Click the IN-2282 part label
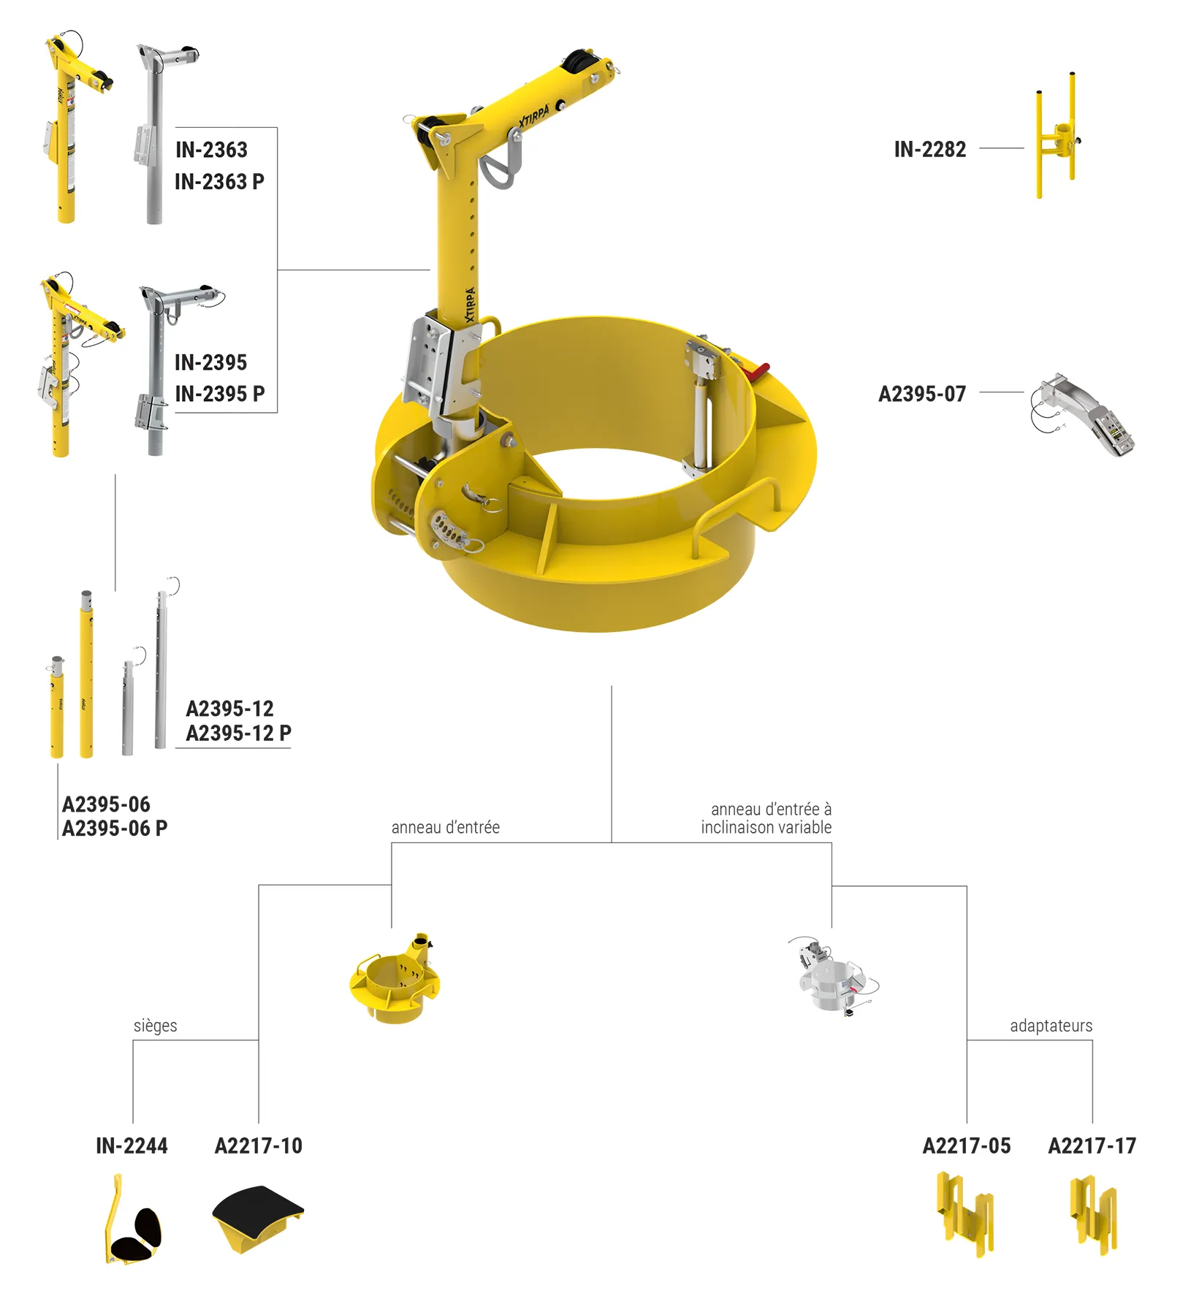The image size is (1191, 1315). (929, 150)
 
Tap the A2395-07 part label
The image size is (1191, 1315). (921, 394)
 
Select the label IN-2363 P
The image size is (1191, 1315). (219, 182)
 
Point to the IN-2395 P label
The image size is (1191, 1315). (219, 394)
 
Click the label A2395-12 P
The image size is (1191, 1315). (238, 733)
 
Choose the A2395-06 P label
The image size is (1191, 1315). (115, 828)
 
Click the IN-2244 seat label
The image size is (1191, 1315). (132, 1146)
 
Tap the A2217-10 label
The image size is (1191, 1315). (258, 1146)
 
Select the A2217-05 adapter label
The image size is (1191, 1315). (966, 1146)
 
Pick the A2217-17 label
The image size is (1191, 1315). (1092, 1146)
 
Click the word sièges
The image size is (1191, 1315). (155, 1026)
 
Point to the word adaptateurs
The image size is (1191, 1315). (1051, 1026)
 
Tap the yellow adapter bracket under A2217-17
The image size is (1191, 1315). (1093, 1215)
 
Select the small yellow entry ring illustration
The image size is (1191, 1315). (395, 978)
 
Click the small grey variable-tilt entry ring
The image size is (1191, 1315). (834, 976)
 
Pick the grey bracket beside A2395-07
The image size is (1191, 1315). (1082, 415)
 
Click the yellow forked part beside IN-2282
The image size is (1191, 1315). (1057, 135)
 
